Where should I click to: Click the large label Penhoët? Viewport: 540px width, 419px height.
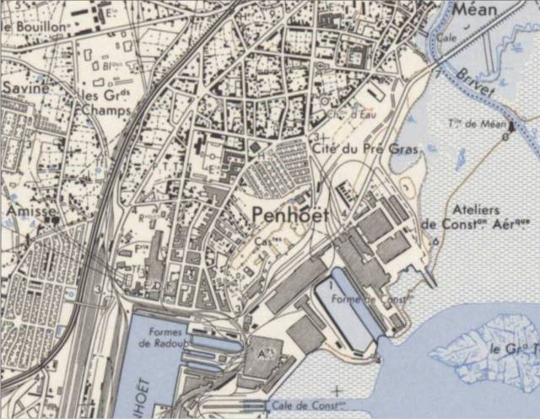289,216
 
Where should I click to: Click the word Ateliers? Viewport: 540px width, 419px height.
476,210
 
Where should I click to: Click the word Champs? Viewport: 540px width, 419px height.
107,110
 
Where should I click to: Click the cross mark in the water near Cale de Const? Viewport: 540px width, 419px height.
337,390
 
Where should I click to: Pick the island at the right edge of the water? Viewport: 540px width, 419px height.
481,347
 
